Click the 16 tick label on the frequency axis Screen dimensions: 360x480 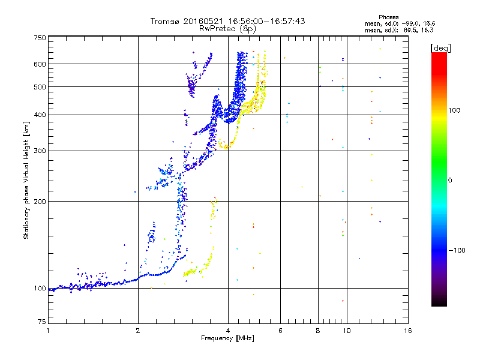[x=407, y=331]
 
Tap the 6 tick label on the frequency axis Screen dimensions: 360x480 [x=280, y=331]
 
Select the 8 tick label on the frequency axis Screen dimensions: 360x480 [x=318, y=331]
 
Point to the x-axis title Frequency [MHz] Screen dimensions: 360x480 [x=228, y=338]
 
